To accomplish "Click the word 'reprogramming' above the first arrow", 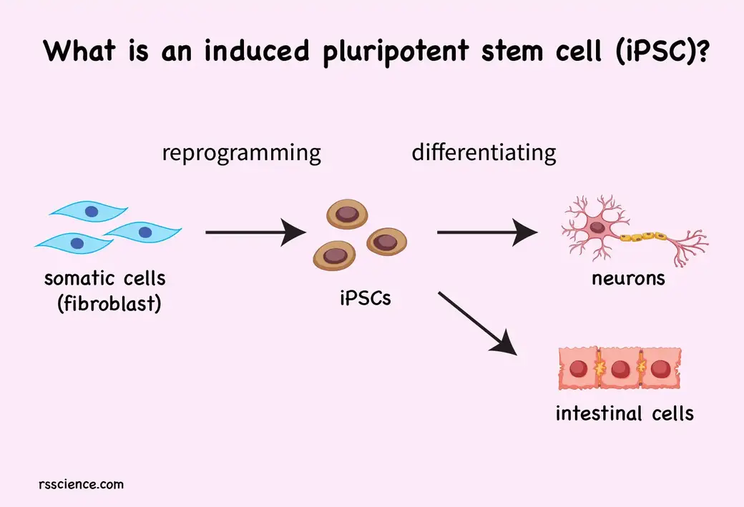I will [241, 153].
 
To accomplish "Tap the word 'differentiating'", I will [484, 152].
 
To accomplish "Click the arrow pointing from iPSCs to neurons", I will [487, 232].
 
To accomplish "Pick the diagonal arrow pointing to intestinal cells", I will [476, 322].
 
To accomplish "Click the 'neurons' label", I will [628, 278].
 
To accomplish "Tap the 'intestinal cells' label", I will [625, 413].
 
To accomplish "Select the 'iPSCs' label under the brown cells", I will [366, 298].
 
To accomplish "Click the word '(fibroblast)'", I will [109, 303].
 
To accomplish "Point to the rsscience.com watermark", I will [81, 484].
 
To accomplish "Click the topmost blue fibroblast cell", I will [89, 212].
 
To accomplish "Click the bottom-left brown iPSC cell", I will [333, 255].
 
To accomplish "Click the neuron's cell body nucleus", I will [600, 230].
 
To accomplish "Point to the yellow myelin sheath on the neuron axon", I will [644, 235].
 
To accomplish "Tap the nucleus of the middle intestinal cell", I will [620, 370].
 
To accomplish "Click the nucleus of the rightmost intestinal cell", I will [661, 370].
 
